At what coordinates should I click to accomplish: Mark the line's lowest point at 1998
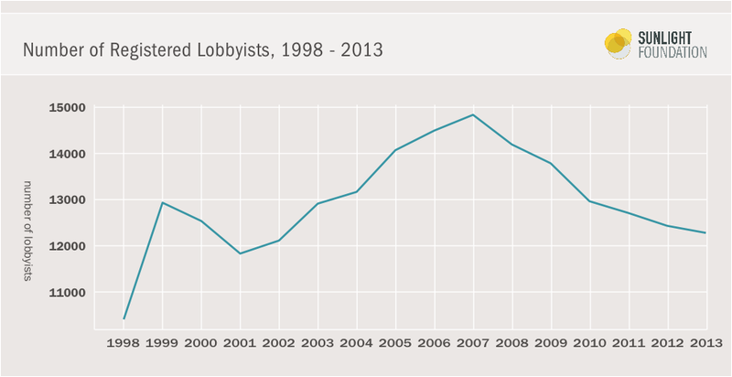(124, 319)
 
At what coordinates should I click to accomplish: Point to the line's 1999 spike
(162, 202)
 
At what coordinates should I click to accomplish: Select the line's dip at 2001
(240, 253)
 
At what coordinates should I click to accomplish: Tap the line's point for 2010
(589, 201)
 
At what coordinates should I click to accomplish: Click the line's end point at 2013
(705, 233)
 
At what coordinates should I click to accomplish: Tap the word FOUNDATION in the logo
(673, 53)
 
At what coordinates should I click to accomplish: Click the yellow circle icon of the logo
(619, 43)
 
